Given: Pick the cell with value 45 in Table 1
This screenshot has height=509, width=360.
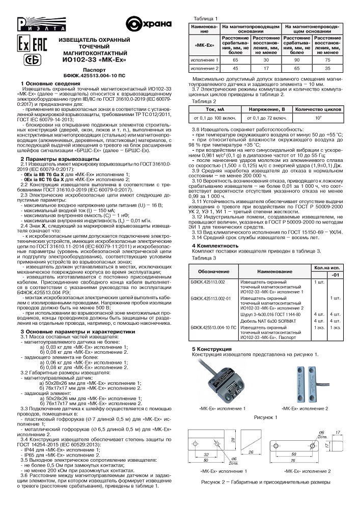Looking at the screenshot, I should [x=235, y=68].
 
